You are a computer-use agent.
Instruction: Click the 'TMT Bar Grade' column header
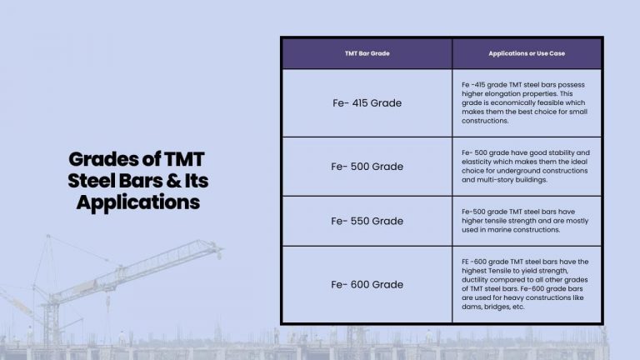point(367,53)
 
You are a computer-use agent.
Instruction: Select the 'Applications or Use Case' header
point(526,53)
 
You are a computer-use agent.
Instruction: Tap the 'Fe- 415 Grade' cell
point(367,103)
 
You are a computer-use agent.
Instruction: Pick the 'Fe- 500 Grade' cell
point(367,167)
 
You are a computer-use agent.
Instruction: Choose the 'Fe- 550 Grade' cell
point(367,221)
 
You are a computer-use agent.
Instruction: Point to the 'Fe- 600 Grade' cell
point(367,284)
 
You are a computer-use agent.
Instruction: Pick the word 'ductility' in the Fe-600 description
point(476,280)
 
